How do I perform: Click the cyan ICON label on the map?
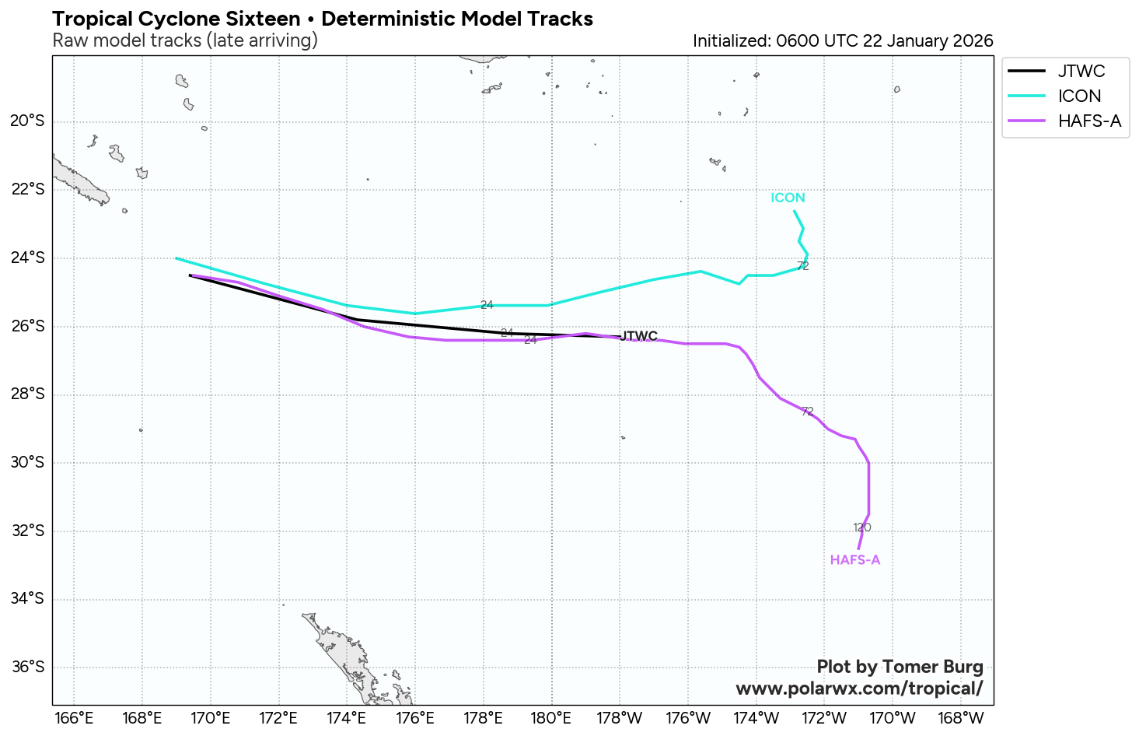click(x=788, y=198)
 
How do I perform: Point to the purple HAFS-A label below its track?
click(x=854, y=560)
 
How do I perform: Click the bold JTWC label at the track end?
click(x=639, y=337)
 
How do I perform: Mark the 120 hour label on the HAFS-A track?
click(x=861, y=527)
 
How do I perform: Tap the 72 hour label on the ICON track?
click(x=803, y=266)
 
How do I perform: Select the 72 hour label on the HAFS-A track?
click(x=807, y=412)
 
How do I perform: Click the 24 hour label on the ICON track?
click(x=487, y=305)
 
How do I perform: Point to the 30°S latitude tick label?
click(x=27, y=463)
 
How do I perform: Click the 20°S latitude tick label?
click(x=27, y=121)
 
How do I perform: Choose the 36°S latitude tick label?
click(x=27, y=668)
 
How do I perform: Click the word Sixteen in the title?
click(x=262, y=19)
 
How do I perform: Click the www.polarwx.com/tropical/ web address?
click(x=859, y=689)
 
